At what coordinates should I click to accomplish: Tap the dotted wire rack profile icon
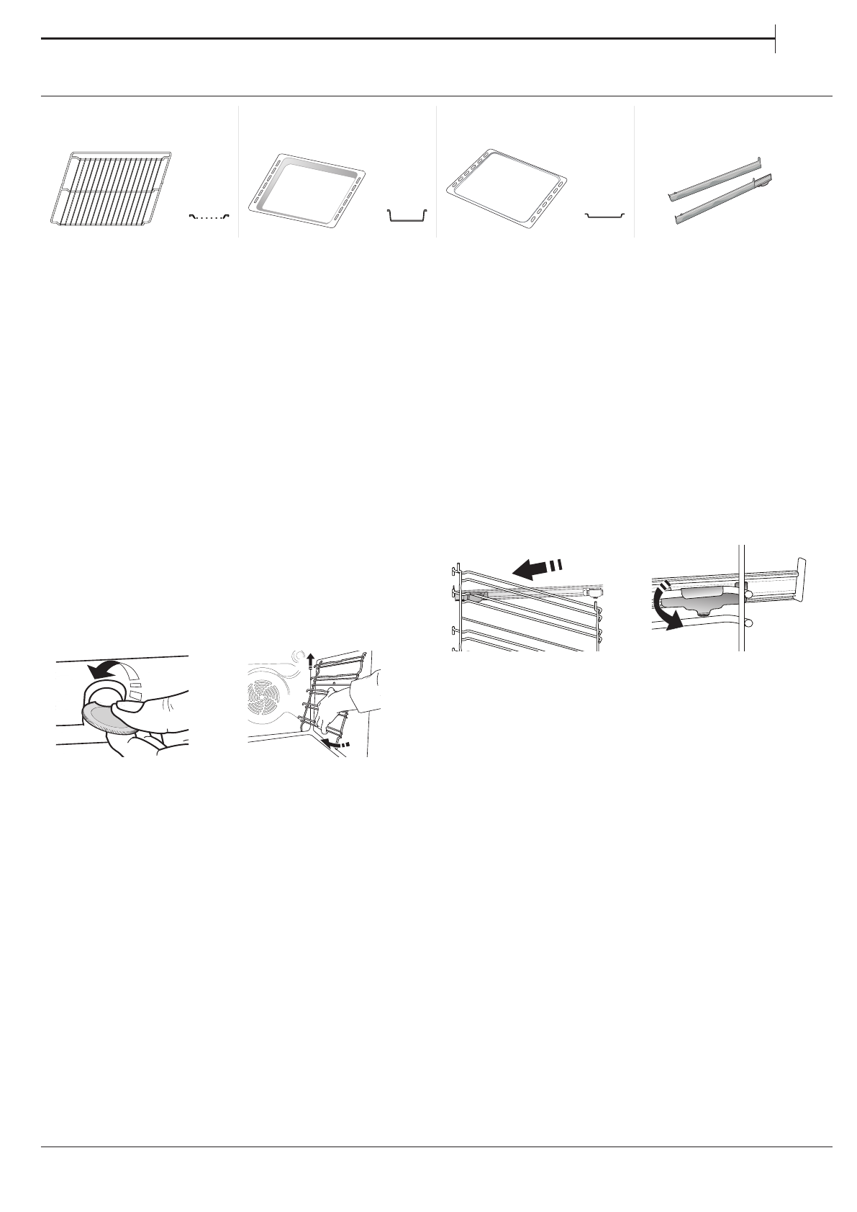point(208,214)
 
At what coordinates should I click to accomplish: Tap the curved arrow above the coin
point(104,669)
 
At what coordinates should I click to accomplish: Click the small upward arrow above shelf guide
point(310,660)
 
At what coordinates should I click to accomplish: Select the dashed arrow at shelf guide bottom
point(336,742)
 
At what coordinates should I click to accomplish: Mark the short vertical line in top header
point(776,38)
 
